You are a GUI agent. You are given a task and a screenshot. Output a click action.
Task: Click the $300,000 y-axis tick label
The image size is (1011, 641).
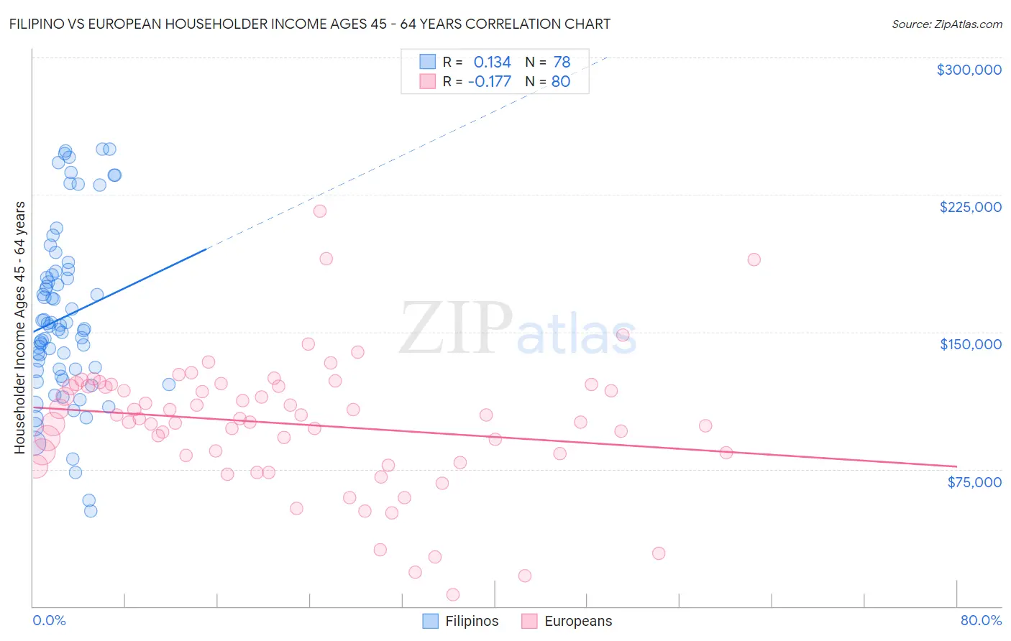click(969, 70)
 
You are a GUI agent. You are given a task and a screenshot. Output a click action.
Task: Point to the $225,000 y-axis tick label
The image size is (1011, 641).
click(970, 207)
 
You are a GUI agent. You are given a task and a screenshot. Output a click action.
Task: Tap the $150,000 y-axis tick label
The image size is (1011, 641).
click(970, 344)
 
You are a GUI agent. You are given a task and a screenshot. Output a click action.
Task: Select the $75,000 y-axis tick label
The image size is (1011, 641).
click(974, 482)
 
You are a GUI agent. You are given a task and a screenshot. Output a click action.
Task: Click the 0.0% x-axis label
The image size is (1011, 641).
click(49, 620)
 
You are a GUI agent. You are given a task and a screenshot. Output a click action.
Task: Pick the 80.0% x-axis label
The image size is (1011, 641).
click(981, 620)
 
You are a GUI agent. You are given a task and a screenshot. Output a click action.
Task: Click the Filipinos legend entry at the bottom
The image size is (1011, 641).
click(471, 621)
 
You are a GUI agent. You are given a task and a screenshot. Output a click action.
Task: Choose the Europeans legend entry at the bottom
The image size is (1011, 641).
click(578, 621)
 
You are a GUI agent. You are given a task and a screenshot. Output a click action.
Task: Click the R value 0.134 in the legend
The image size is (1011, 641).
click(492, 63)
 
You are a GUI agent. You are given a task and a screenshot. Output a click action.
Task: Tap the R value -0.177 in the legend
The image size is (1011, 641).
click(489, 81)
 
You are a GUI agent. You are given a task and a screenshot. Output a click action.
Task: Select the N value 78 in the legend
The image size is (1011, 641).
click(562, 63)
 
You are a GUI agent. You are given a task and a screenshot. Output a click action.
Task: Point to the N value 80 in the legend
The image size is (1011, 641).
click(561, 81)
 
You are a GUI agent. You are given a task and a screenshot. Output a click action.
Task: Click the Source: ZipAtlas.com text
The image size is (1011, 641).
click(946, 24)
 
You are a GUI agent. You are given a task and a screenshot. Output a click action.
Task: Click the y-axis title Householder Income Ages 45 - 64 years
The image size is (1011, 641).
click(19, 327)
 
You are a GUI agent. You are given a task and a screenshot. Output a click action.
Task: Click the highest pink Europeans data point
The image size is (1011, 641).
click(320, 211)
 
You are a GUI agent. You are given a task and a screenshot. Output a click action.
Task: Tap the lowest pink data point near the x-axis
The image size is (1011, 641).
click(453, 594)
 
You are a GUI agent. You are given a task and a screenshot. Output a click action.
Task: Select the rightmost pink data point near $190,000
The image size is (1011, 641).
click(754, 259)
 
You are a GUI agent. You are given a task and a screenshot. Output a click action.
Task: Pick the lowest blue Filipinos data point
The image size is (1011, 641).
click(91, 511)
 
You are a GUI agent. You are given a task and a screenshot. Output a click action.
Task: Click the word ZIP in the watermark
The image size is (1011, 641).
click(456, 329)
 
